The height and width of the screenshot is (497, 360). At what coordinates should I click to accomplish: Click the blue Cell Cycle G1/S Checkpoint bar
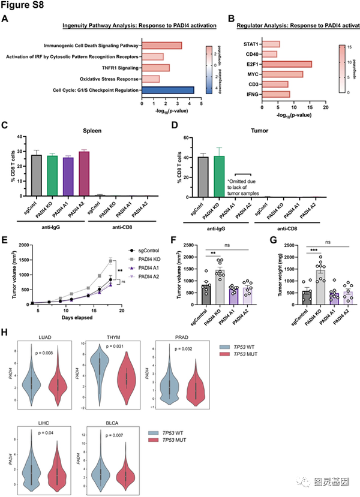168,91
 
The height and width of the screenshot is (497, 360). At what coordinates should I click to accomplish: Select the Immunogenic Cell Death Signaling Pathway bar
162,46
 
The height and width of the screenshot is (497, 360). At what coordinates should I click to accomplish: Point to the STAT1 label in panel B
252,44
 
